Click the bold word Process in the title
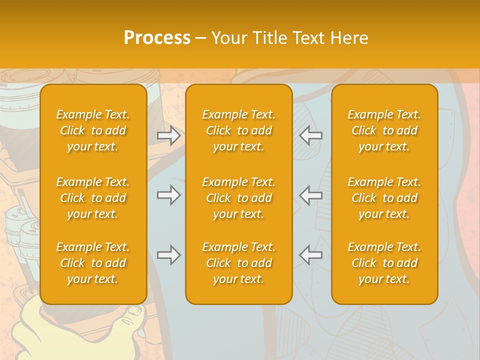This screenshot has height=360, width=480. pos(157,38)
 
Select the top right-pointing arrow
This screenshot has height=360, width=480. pos(169,135)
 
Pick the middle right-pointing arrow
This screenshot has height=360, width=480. pos(169,195)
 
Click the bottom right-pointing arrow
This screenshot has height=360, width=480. pos(169,255)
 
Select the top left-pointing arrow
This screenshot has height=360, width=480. pos(311,135)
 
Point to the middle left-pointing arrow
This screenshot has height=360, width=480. pos(311,195)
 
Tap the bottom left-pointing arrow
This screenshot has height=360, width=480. pos(311,255)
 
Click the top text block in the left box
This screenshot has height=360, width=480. pos(93,130)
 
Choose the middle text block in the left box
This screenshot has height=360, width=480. pos(93,198)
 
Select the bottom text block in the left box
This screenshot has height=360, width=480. pos(93,263)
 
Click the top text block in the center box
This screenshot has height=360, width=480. pos(239,130)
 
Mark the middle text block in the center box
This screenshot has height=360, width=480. pos(239,198)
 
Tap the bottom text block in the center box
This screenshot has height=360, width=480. pos(239,263)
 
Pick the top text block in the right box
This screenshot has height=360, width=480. pos(384,130)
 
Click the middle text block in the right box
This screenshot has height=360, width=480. pos(384,198)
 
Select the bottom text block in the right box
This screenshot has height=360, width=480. pos(384,263)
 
